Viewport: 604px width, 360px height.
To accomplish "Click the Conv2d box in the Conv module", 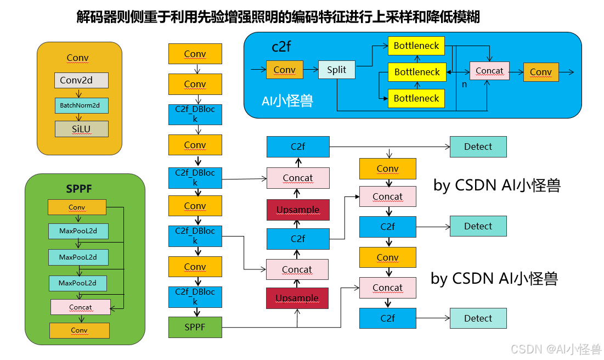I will pos(81,80).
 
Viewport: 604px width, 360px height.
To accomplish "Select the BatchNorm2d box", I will pos(81,105).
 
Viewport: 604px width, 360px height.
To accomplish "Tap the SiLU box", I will pos(81,128).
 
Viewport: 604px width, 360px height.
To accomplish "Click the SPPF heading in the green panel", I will pos(79,189).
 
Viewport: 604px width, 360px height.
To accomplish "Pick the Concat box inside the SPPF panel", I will pos(80,307).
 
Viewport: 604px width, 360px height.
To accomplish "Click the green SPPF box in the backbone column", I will pos(195,327).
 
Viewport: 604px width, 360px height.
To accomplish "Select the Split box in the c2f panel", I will pos(336,70).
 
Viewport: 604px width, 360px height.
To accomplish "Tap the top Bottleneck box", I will pos(416,46).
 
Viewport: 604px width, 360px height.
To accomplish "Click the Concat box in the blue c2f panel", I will pos(489,71).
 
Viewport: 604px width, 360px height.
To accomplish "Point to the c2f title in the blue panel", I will pos(281,46).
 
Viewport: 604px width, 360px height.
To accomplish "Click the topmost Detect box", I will pos(478,147).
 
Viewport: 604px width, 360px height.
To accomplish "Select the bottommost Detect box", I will pos(478,318).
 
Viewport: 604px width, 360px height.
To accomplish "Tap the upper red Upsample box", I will pos(297,210).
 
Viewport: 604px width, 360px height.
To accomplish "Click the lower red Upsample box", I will pos(297,298).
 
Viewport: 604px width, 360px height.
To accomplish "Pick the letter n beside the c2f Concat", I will pos(464,85).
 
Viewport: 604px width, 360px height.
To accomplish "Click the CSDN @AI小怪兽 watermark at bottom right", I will pos(556,349).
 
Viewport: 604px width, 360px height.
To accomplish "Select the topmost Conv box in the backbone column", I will pos(195,54).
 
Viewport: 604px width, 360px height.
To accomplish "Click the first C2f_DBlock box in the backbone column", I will pos(195,114).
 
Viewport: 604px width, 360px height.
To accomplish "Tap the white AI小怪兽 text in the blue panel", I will pos(287,101).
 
